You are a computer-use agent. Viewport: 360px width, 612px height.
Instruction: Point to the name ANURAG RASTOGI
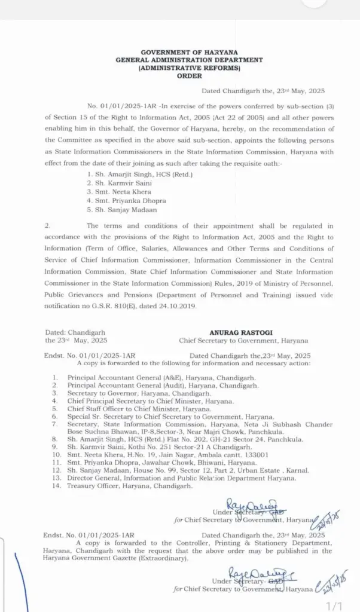[x=243, y=331]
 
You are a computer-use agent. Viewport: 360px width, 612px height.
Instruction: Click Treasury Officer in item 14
[x=92, y=486]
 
